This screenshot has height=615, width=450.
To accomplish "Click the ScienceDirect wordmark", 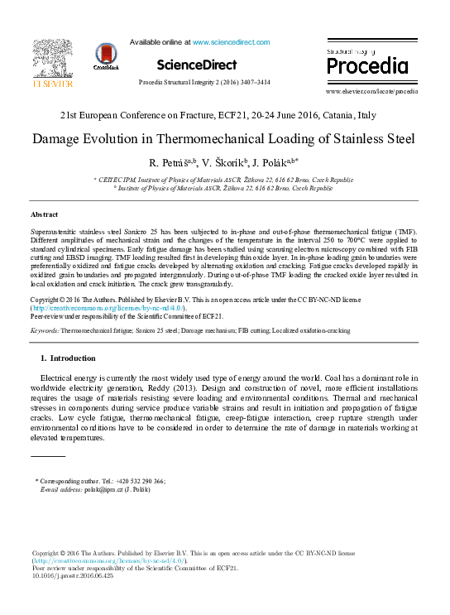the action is (x=196, y=65).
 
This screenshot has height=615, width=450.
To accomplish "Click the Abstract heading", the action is (x=44, y=214).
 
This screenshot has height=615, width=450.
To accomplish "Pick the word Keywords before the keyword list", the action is (x=44, y=330).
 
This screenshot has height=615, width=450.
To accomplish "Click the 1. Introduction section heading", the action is (x=68, y=358).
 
